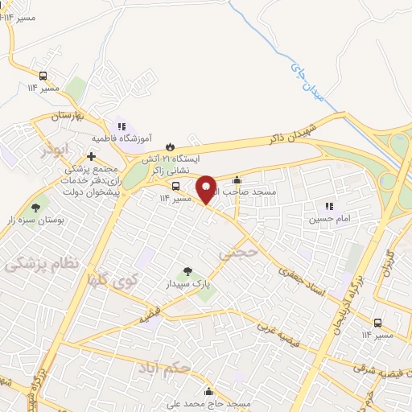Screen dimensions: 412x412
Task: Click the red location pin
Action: [206, 188]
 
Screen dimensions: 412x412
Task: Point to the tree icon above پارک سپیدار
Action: [187, 271]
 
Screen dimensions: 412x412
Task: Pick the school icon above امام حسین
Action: [329, 204]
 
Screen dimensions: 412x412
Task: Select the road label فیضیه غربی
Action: [282, 336]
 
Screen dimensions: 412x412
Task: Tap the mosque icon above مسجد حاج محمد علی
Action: [210, 392]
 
